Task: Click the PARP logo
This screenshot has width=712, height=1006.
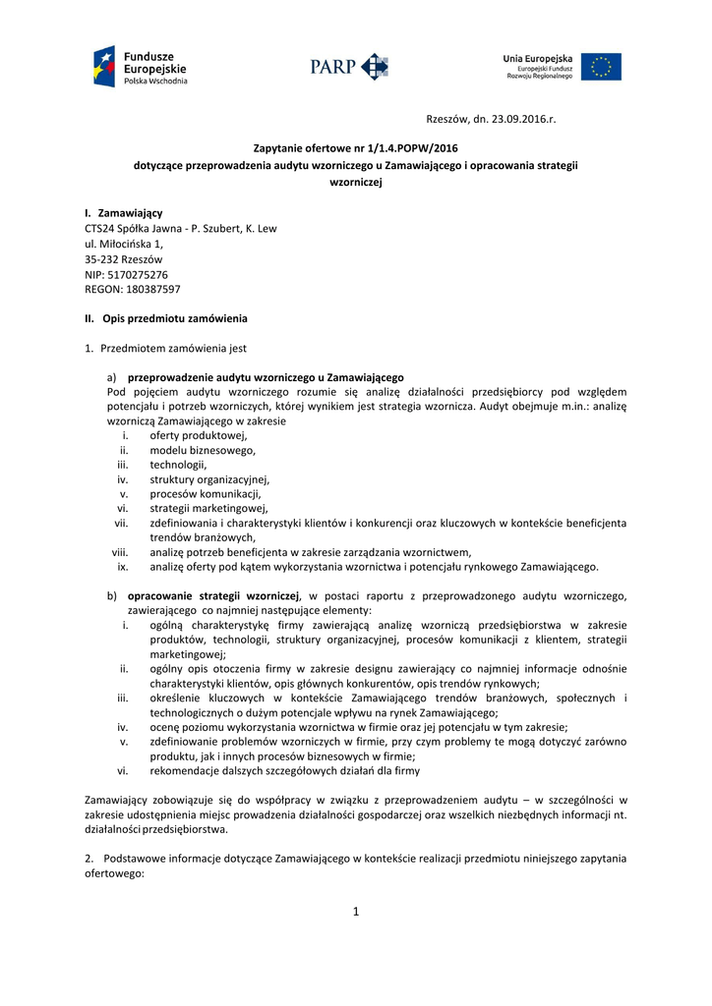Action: coord(349,67)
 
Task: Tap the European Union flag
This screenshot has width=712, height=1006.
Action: coord(600,67)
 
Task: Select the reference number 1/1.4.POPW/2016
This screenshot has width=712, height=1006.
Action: coord(403,148)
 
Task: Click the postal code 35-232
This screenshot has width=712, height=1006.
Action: coord(101,259)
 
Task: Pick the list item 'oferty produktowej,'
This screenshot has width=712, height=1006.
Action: coord(199,435)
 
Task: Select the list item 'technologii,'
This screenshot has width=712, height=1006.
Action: coord(179,465)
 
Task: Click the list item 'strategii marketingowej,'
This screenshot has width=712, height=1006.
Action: coord(208,509)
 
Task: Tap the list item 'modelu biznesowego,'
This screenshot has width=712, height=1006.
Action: coord(203,450)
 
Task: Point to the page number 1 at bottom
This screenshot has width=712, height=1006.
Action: coord(356,911)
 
